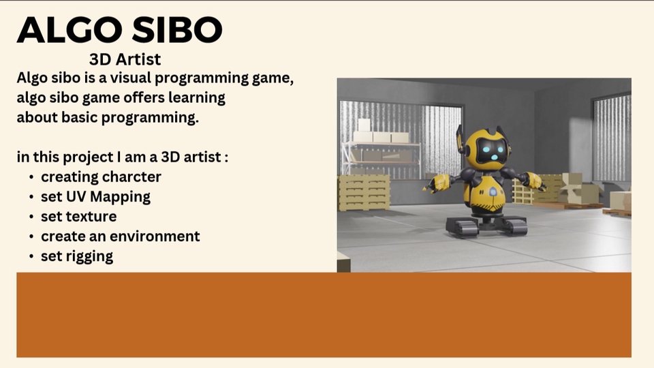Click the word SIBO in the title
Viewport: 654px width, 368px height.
tap(177, 29)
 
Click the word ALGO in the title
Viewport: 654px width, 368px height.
tap(69, 29)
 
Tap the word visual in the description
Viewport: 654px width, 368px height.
tap(131, 78)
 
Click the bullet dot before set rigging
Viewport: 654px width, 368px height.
tap(31, 256)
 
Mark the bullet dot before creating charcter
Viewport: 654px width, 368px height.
tap(31, 177)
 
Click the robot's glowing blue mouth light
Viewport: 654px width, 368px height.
tap(494, 157)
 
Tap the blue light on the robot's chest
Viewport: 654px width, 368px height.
tap(493, 192)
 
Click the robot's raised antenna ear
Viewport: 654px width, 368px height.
tap(460, 138)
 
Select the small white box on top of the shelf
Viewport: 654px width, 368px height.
tap(364, 125)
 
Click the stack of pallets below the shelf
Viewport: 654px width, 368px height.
tap(364, 193)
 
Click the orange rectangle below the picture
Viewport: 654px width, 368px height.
tap(324, 315)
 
